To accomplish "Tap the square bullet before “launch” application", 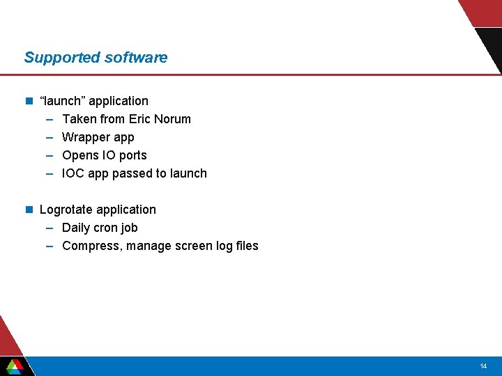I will pos(29,101).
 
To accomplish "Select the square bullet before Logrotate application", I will pos(29,210).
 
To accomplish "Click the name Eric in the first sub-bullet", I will pos(141,119).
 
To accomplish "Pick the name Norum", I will pos(174,119).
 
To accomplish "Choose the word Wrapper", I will pos(85,137).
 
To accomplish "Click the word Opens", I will pos(79,155).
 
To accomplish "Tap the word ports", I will pos(132,156).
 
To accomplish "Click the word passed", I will pos(130,173).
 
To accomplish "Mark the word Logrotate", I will pos(66,210).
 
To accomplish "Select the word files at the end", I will pos(245,246).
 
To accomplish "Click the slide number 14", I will pos(483,366).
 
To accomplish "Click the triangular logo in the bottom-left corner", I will pos(15,366).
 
